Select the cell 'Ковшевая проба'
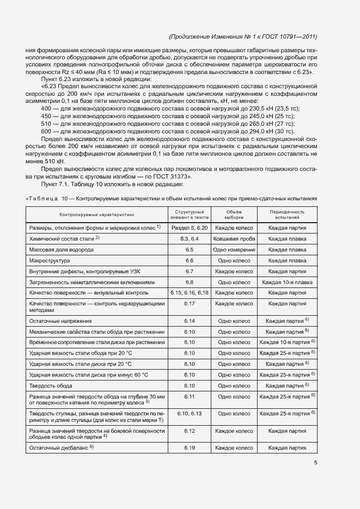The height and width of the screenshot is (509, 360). (234, 238)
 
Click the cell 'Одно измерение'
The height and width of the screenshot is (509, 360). (234, 249)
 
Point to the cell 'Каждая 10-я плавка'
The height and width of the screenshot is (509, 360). (287, 282)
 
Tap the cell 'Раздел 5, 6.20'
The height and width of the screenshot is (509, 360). (190, 228)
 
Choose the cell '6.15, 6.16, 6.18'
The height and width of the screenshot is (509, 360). (190, 293)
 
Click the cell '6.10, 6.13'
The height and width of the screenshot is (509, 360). (190, 413)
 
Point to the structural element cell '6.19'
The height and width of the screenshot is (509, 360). (190, 447)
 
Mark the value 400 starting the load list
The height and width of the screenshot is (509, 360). (46, 108)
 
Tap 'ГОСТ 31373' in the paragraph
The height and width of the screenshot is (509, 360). (168, 176)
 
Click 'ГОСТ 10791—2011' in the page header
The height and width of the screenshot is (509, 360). (288, 36)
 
